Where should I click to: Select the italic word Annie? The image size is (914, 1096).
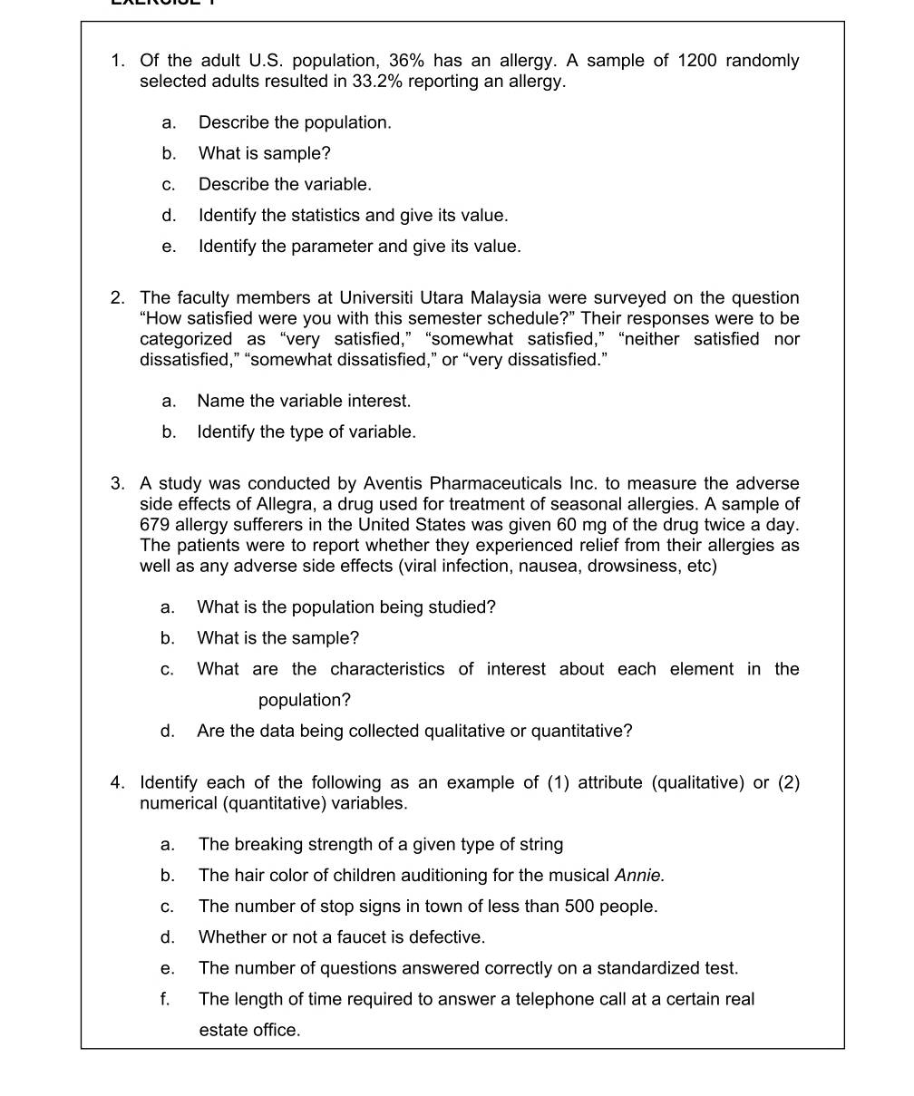[x=639, y=876]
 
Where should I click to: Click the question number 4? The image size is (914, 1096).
[x=118, y=783]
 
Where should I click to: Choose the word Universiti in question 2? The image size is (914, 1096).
[x=377, y=298]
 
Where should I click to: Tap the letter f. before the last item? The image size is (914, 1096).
[x=166, y=999]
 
